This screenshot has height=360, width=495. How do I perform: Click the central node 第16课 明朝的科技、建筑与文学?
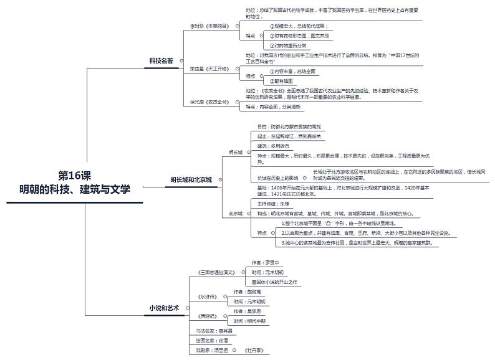point(74,182)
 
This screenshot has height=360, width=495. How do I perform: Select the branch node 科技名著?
point(161,60)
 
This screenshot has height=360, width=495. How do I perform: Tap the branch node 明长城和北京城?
point(191,180)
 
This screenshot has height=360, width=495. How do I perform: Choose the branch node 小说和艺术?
point(163,308)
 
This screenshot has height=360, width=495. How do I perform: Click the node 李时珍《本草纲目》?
point(209,26)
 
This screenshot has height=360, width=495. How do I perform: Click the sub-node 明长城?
point(235,151)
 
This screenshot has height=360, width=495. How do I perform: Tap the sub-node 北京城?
point(235,213)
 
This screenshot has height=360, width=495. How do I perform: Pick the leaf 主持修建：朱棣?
point(273,204)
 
